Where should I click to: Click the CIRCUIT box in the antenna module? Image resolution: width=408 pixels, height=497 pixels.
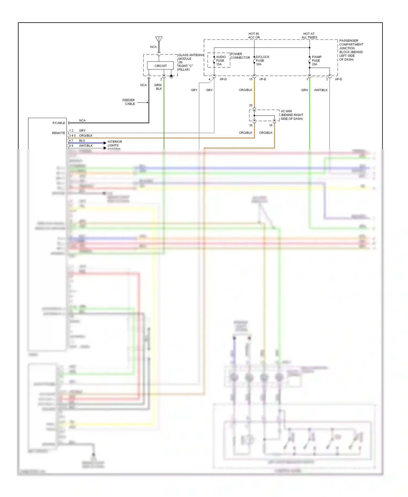pyautogui.click(x=160, y=66)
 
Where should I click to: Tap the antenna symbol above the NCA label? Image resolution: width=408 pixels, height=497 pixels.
pyautogui.click(x=159, y=40)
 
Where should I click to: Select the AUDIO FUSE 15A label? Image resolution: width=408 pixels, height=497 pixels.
pyautogui.click(x=221, y=61)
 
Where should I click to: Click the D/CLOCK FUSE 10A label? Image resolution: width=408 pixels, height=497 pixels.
pyautogui.click(x=262, y=61)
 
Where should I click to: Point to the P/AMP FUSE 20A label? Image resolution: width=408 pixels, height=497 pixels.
pyautogui.click(x=316, y=61)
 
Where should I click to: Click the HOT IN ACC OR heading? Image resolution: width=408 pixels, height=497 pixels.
pyautogui.click(x=254, y=36)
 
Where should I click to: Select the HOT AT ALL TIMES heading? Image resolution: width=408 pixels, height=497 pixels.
pyautogui.click(x=309, y=36)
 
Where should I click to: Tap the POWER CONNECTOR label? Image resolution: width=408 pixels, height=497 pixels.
pyautogui.click(x=240, y=56)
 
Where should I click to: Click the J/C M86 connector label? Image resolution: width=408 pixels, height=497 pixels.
pyautogui.click(x=292, y=115)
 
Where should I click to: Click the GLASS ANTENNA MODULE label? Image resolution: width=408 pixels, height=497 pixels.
pyautogui.click(x=191, y=62)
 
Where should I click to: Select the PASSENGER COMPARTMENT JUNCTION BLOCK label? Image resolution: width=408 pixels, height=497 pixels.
pyautogui.click(x=351, y=50)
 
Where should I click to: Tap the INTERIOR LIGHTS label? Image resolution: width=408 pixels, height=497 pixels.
pyautogui.click(x=115, y=144)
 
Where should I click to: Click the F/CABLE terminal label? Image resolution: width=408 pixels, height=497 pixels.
pyautogui.click(x=59, y=123)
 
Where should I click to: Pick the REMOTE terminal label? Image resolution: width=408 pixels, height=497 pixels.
pyautogui.click(x=58, y=133)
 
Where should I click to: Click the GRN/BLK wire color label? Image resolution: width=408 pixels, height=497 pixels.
pyautogui.click(x=158, y=87)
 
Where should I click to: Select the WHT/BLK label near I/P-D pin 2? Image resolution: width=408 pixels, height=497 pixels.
pyautogui.click(x=321, y=90)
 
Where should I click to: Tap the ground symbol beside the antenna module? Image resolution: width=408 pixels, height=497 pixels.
pyautogui.click(x=171, y=77)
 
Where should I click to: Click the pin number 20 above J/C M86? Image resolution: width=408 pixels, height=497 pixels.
pyautogui.click(x=251, y=105)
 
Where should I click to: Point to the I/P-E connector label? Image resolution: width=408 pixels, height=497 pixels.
pyautogui.click(x=262, y=79)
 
